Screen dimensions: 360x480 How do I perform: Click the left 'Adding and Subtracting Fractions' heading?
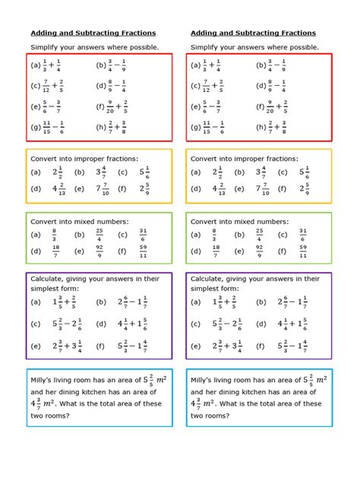pyautogui.click(x=93, y=33)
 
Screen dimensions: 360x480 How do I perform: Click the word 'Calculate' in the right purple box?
pyautogui.click(x=212, y=279)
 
